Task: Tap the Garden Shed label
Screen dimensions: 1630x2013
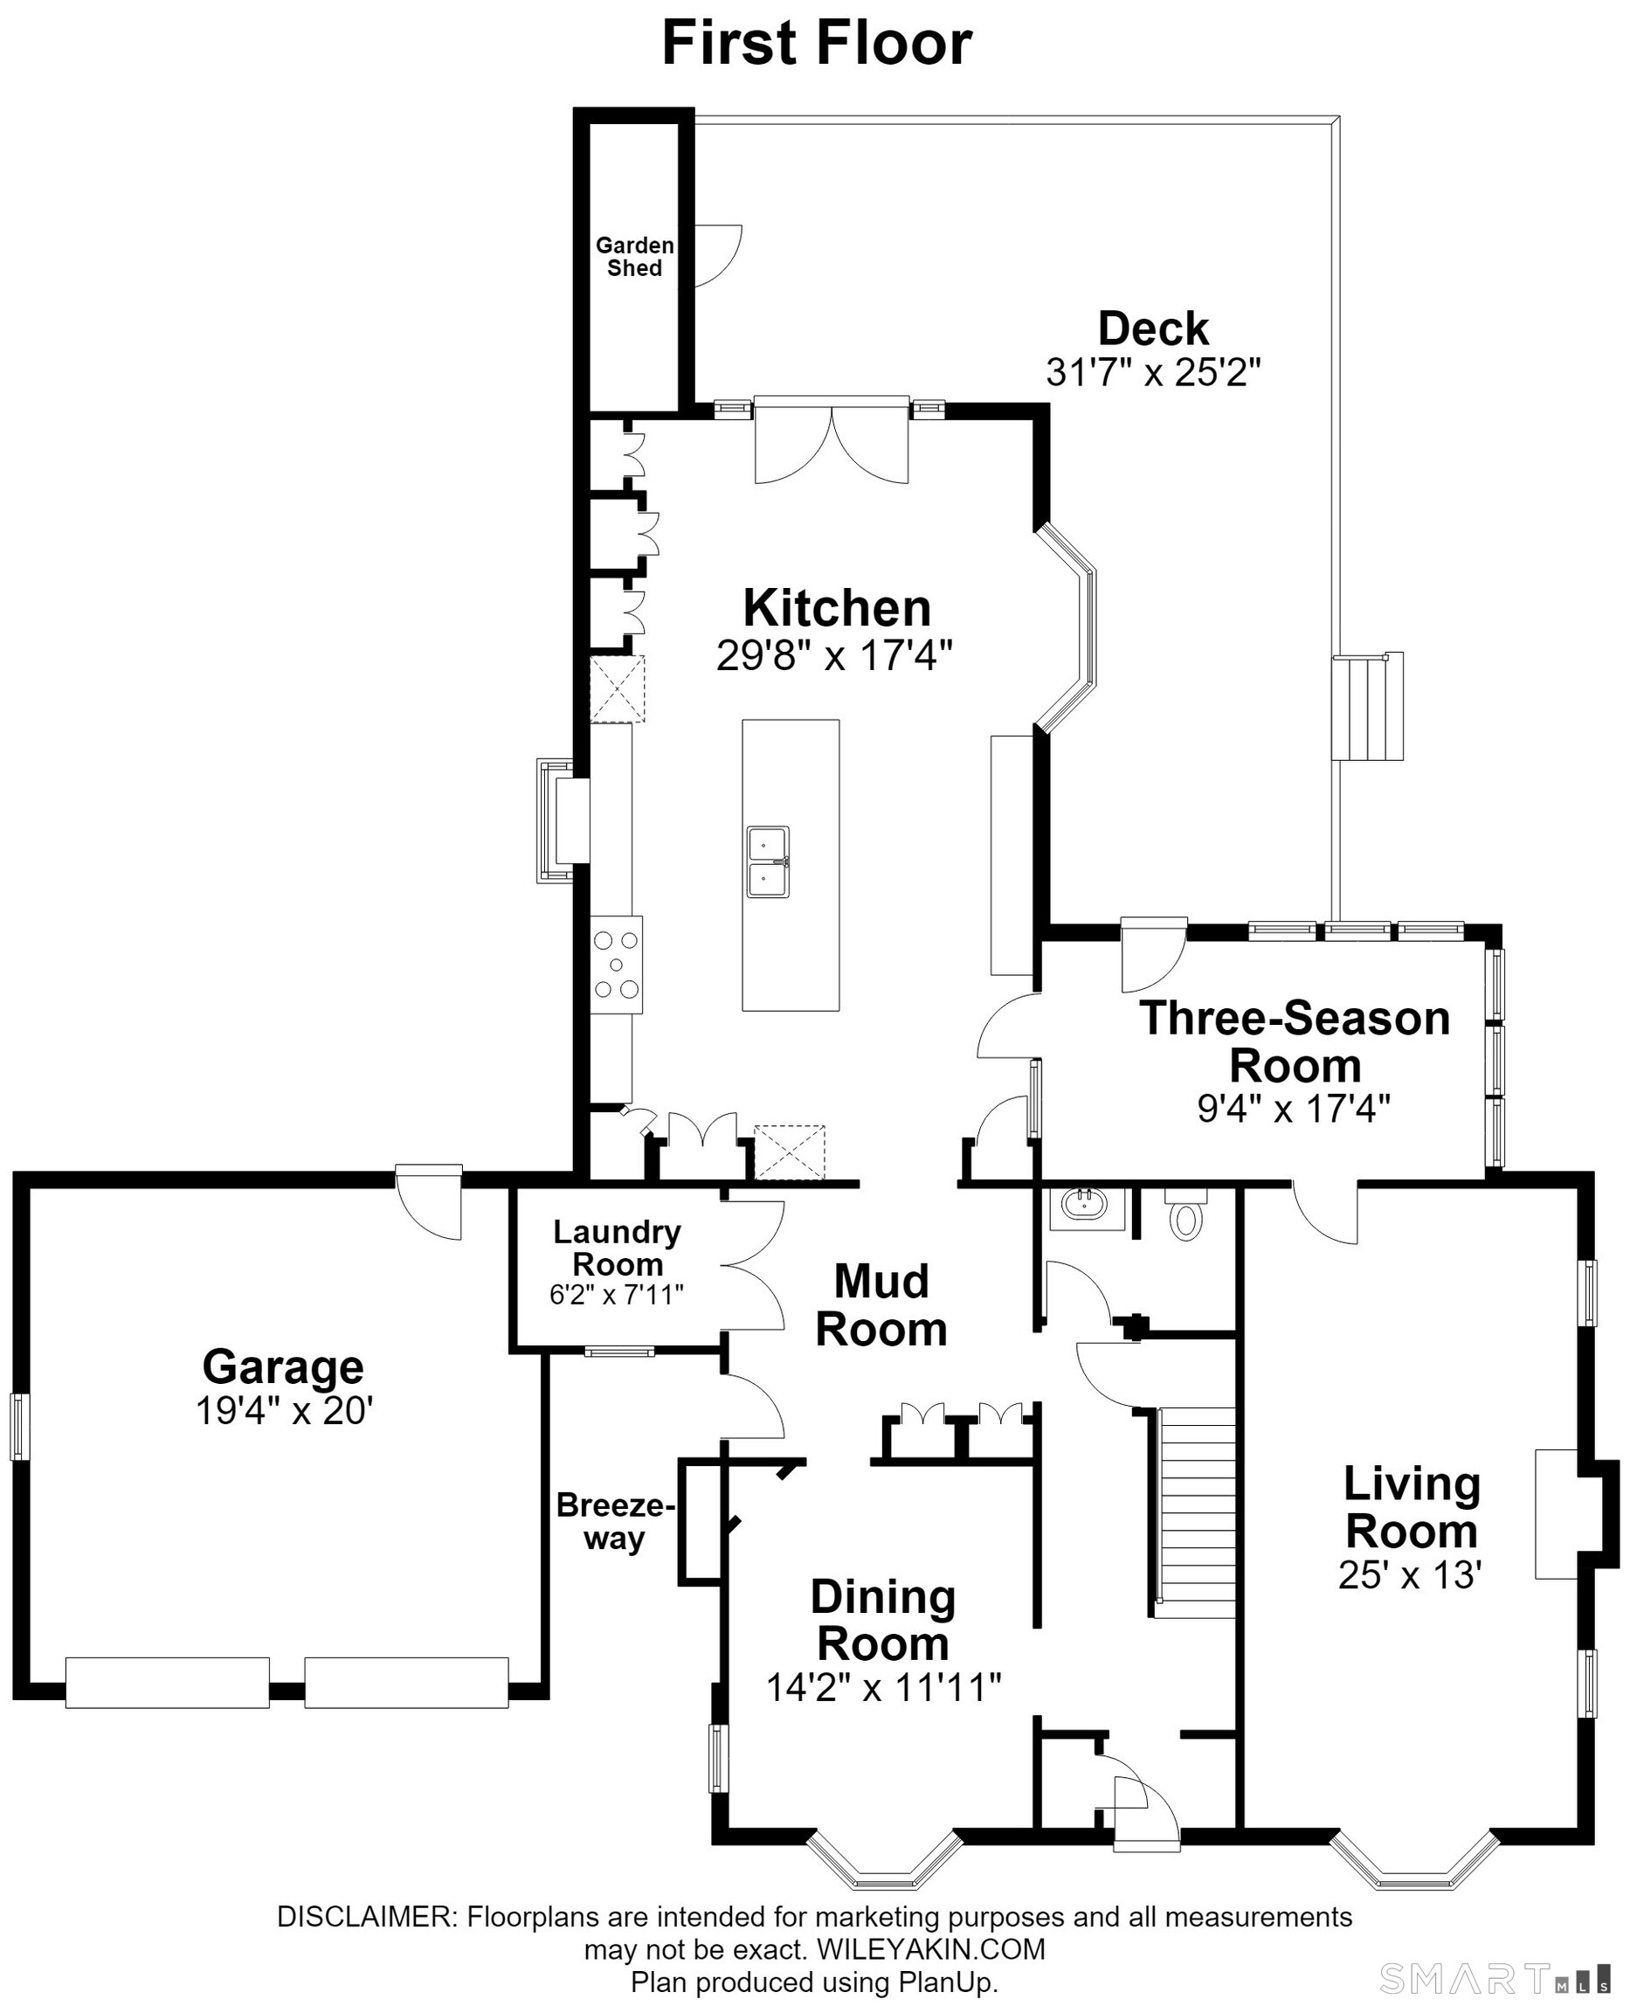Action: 635,256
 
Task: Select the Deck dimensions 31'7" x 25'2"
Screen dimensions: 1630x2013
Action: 1153,373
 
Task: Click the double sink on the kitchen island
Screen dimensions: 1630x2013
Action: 768,862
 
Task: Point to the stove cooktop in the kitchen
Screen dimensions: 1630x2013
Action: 617,965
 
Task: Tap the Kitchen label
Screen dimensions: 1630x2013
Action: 837,608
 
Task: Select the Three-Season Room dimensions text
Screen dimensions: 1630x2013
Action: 1293,1110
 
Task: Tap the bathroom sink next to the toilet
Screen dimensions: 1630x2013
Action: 1087,1207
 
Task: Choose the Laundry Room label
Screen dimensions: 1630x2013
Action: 617,1247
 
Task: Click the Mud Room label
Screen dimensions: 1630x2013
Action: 881,1305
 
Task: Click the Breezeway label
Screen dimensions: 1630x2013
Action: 615,1521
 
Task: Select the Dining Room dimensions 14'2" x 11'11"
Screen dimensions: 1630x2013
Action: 883,1687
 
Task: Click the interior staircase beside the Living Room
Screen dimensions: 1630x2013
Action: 1193,1511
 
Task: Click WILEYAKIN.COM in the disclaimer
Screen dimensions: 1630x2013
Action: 930,1949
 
